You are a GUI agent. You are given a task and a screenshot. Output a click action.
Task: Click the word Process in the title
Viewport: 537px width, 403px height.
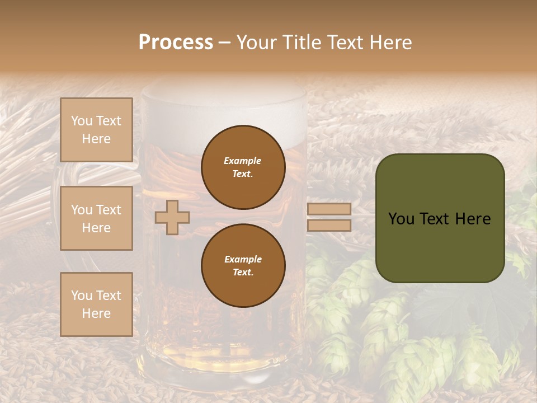tap(176, 43)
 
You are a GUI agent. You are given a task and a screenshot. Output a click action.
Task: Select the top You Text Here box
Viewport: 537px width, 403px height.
tap(96, 130)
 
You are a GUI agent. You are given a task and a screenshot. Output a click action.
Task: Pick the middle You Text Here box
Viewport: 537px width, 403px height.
tap(96, 218)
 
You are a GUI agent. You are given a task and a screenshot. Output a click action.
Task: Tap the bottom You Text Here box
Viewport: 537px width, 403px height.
tap(96, 304)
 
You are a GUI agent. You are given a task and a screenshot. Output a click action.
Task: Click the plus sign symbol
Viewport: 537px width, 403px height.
tap(172, 217)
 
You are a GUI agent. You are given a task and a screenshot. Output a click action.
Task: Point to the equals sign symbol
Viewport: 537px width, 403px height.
tap(329, 217)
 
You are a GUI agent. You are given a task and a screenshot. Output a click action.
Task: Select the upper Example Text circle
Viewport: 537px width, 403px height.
tap(243, 167)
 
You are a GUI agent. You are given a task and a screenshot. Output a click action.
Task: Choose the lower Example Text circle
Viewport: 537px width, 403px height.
tap(243, 265)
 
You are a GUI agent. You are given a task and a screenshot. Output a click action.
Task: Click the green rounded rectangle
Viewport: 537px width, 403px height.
tap(440, 218)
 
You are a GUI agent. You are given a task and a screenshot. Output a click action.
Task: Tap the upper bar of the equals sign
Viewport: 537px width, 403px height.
tap(329, 209)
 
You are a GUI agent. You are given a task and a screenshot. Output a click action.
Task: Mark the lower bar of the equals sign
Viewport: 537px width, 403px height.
tap(329, 226)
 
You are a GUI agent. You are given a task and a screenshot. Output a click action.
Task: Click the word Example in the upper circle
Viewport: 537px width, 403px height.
tap(243, 161)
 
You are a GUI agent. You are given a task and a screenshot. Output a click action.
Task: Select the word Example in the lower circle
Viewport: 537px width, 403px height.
tap(243, 259)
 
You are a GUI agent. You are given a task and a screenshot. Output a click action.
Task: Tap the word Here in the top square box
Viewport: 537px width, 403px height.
tap(96, 139)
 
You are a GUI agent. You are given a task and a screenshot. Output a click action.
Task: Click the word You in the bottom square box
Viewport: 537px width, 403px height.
tap(81, 296)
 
